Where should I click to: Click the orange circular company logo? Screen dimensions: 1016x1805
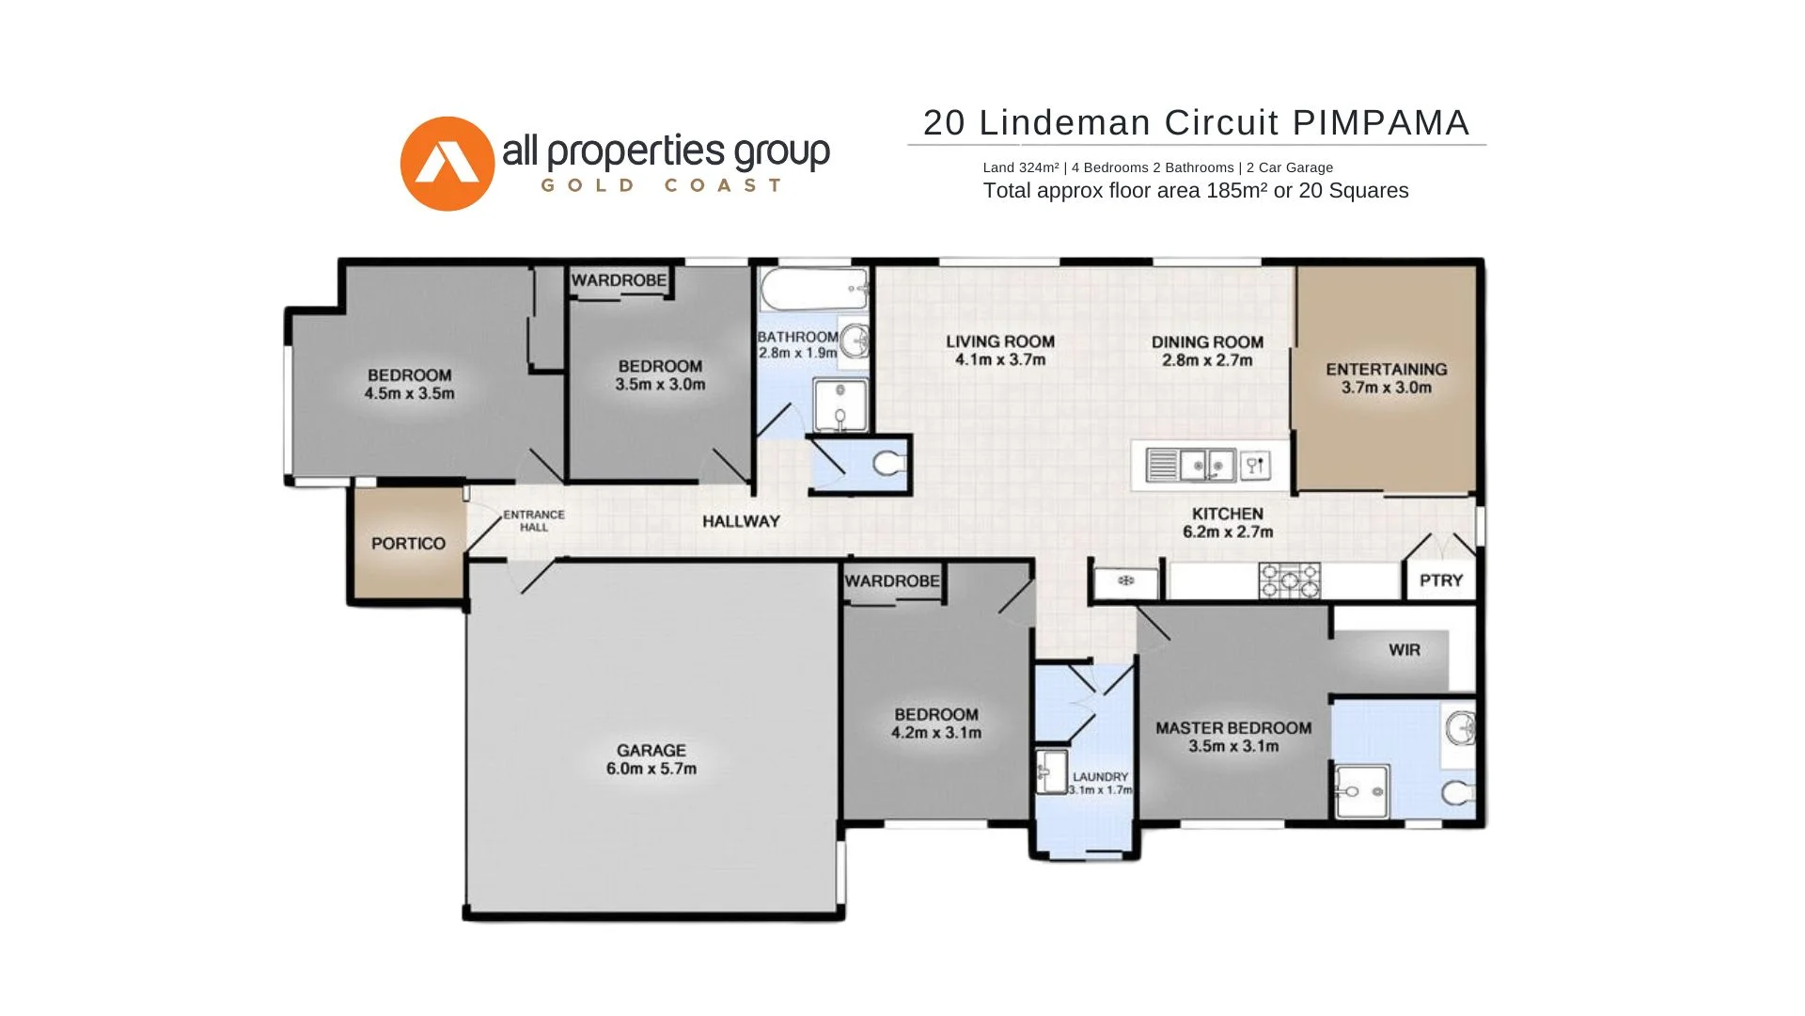pos(447,164)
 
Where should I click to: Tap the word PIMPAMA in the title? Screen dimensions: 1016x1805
pos(1380,123)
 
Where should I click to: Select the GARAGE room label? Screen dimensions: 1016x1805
pos(651,751)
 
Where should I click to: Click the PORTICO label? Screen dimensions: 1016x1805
pos(408,544)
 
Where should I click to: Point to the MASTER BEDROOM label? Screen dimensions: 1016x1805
pos(1232,728)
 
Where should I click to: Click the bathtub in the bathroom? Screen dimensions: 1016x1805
pos(813,289)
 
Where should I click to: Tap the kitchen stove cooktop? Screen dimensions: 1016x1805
pos(1289,580)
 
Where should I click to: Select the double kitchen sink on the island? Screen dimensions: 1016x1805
pos(1207,466)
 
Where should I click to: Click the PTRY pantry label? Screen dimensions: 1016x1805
pos(1440,580)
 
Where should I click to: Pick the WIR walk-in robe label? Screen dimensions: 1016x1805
pos(1404,650)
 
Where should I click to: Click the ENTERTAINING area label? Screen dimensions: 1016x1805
pos(1386,370)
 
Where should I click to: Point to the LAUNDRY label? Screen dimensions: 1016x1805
pos(1100,777)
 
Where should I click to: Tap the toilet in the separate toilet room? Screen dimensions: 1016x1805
pos(887,463)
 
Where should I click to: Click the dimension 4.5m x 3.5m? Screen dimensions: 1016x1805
pos(409,393)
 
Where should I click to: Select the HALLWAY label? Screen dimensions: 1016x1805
pos(741,521)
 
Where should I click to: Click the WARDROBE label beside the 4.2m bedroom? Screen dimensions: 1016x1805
pos(891,581)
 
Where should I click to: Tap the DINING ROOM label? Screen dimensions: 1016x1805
pos(1207,342)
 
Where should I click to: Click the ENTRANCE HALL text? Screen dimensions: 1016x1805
pos(533,520)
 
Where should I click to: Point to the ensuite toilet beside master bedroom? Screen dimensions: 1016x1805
pos(1456,794)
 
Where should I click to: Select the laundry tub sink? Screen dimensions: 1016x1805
pos(1052,771)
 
